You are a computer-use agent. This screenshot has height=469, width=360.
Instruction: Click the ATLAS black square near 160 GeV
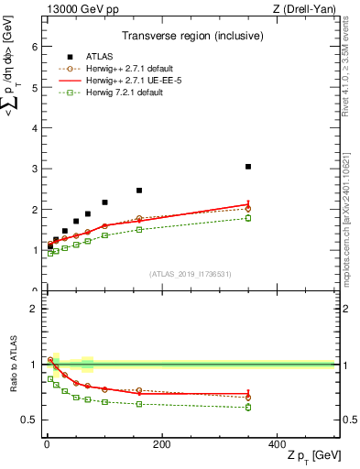tap(139, 191)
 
